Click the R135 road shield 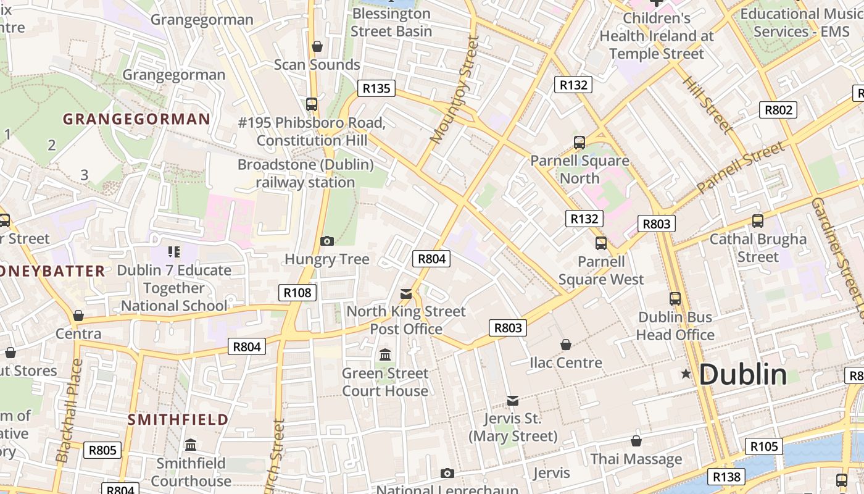(x=376, y=88)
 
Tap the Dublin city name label (x=743, y=374)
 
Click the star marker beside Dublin (x=686, y=374)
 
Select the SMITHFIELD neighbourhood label (x=178, y=420)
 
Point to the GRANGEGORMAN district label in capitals (x=136, y=119)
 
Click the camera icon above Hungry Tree (x=327, y=241)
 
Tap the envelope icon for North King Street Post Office (x=406, y=293)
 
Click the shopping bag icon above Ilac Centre (x=566, y=345)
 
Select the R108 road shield (x=297, y=292)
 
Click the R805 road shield (x=102, y=450)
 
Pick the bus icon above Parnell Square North (x=579, y=143)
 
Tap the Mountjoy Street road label (x=455, y=90)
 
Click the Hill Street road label (x=707, y=104)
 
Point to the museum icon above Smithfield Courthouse (x=191, y=445)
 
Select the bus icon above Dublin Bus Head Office (x=675, y=299)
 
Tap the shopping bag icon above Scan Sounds (x=317, y=46)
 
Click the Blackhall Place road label (x=70, y=411)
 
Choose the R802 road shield (x=778, y=110)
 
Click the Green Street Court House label (x=385, y=382)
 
